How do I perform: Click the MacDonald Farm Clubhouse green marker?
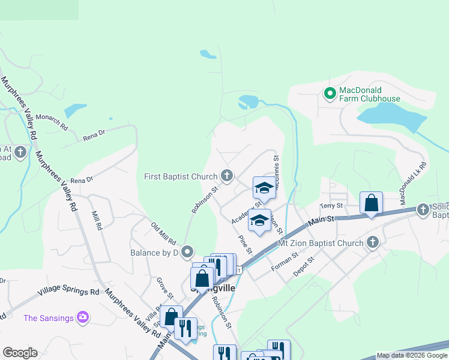[x=329, y=94]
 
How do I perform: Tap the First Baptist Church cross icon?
[x=226, y=176]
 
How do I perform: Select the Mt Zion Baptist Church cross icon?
[x=372, y=242]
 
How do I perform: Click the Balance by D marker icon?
[x=187, y=252]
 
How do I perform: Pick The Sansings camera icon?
[x=83, y=317]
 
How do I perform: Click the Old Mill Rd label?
[x=163, y=234]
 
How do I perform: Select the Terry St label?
[x=331, y=206]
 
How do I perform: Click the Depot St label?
[x=303, y=268]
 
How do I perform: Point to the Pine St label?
[x=245, y=244]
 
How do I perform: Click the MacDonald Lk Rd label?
[x=415, y=178]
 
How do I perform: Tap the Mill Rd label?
[x=95, y=220]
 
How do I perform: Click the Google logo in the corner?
[x=20, y=353]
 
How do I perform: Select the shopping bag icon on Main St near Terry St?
[x=372, y=203]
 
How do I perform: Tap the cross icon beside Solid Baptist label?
[x=423, y=209]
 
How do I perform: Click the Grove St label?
[x=165, y=289]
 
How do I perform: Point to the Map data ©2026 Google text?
[x=412, y=356]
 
